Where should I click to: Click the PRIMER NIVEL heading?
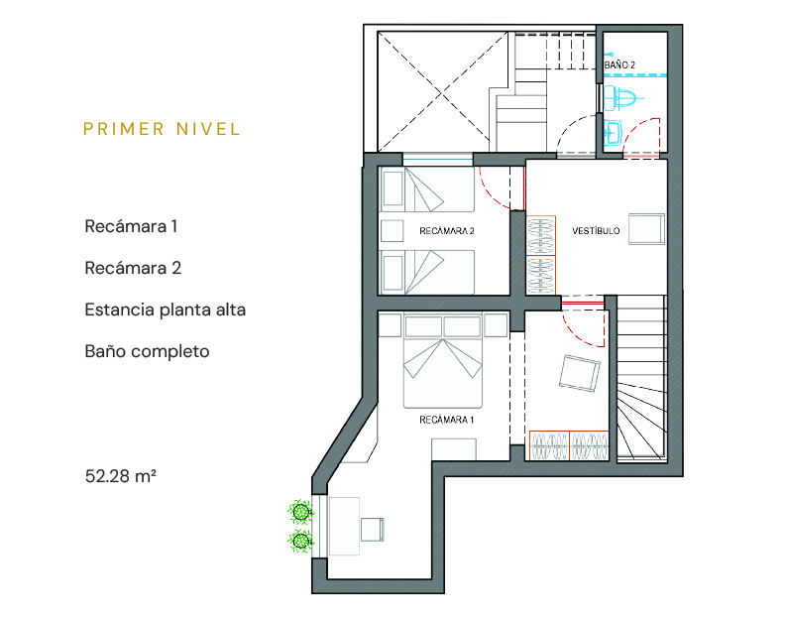(x=162, y=129)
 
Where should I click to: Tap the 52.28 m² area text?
(x=120, y=475)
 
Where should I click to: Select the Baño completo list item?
(x=147, y=351)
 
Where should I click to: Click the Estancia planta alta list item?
(x=165, y=310)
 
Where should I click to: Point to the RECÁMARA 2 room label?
(x=447, y=231)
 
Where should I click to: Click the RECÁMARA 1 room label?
(x=446, y=420)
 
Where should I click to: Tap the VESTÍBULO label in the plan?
(x=596, y=231)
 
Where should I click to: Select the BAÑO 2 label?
(x=619, y=64)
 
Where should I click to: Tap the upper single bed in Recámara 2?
(x=427, y=189)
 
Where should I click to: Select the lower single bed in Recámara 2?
(x=427, y=272)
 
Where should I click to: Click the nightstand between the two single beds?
(x=392, y=231)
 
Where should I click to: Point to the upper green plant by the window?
(x=300, y=512)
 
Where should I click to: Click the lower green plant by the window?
(x=300, y=542)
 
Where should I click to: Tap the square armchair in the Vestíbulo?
(x=646, y=229)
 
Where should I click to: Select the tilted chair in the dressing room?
(x=580, y=373)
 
